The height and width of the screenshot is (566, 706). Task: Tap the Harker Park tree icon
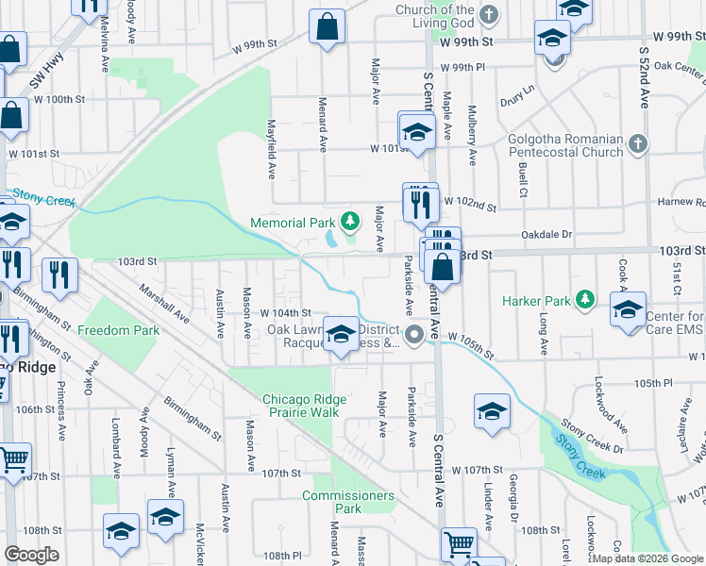585,300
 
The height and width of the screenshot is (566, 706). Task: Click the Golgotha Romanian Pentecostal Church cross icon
638,144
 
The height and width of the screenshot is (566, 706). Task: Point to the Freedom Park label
119,330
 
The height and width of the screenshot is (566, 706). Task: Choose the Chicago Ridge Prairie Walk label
300,406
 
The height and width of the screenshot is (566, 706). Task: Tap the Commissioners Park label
347,502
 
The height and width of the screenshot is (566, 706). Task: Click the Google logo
31,555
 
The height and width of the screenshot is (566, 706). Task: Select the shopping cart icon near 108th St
459,544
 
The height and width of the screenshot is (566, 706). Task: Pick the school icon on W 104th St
341,335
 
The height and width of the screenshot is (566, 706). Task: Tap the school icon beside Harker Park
628,310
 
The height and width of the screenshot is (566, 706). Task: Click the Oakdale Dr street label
546,235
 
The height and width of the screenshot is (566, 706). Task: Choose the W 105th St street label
470,343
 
